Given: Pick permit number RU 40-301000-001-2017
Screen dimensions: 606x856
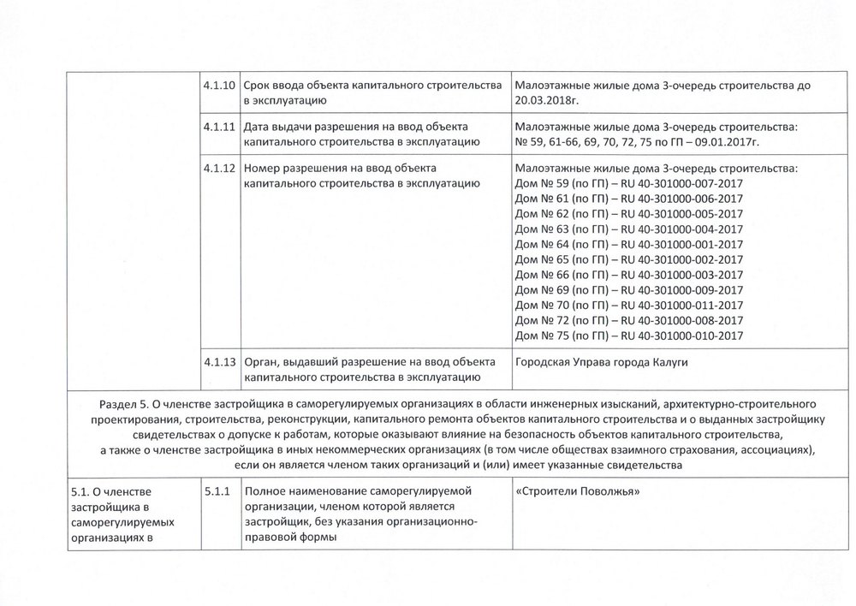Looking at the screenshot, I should [682, 244].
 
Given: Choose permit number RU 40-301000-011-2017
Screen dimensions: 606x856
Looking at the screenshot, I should [682, 306].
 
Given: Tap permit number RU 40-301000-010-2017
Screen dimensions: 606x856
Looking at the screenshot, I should [682, 336].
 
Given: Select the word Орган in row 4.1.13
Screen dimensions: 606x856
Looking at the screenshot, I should [262, 362].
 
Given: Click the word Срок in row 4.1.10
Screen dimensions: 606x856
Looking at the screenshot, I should [259, 86].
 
